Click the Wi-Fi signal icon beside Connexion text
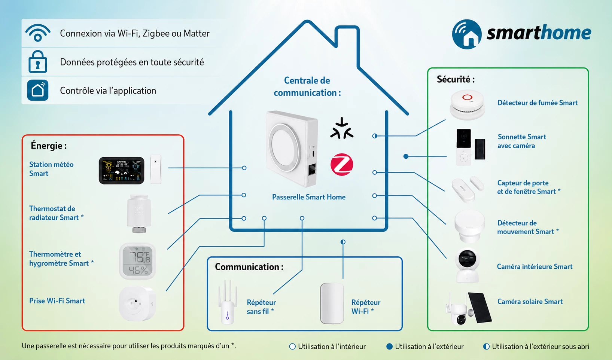click(x=38, y=33)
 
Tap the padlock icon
click(x=38, y=62)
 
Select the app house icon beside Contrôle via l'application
click(x=38, y=90)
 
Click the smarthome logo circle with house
click(x=467, y=34)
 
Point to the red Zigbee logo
click(x=342, y=164)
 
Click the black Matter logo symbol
click(x=342, y=128)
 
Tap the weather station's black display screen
click(x=121, y=170)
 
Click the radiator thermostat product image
click(x=139, y=214)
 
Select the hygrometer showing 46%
click(x=137, y=261)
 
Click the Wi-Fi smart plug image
click(x=137, y=303)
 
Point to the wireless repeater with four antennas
click(x=227, y=302)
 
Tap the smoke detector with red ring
click(x=467, y=105)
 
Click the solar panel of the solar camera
click(x=480, y=308)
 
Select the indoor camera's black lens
click(x=467, y=258)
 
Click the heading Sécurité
click(x=456, y=79)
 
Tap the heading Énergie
click(x=49, y=145)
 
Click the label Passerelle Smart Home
click(x=309, y=197)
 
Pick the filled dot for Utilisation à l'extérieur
click(x=389, y=347)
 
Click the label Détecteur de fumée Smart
click(x=538, y=103)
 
